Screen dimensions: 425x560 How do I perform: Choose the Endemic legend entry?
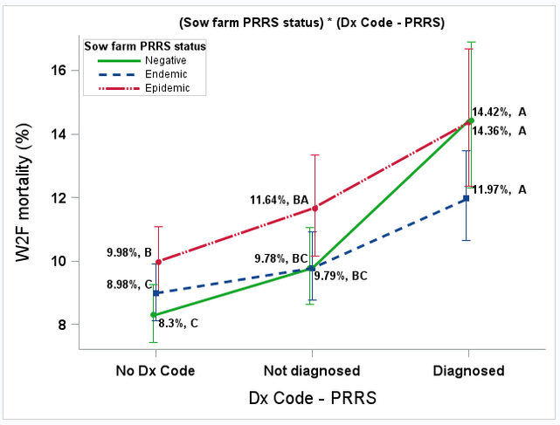(x=159, y=74)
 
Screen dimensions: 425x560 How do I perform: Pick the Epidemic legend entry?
(x=160, y=88)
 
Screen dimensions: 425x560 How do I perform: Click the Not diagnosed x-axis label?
(x=312, y=371)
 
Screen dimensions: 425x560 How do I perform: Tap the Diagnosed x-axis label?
(x=469, y=371)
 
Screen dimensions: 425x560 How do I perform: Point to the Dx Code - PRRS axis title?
(x=312, y=399)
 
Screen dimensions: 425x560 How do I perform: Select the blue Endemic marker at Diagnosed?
(x=467, y=198)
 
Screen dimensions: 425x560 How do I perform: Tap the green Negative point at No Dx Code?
(x=155, y=314)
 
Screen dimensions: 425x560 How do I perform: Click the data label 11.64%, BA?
(x=279, y=201)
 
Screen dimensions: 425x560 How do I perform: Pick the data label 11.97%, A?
(x=500, y=189)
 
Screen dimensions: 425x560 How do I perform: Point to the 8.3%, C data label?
(x=178, y=324)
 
